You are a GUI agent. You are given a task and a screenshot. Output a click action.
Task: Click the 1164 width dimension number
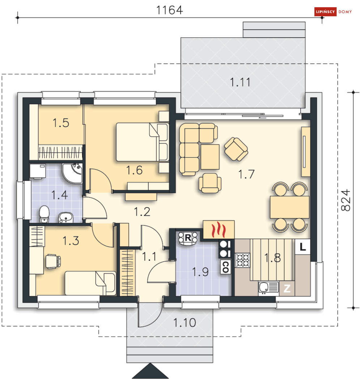click(169, 10)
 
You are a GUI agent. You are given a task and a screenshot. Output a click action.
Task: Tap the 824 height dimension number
click(346, 200)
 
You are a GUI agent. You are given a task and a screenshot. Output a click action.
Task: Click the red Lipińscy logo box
click(325, 12)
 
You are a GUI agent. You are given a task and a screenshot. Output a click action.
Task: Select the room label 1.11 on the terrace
click(240, 82)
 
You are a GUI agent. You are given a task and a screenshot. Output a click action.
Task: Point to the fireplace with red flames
click(219, 230)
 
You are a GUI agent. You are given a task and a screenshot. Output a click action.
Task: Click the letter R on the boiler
click(188, 238)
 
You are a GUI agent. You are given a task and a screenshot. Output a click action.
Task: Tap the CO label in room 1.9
click(225, 267)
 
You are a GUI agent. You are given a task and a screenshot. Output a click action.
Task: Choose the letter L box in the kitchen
click(303, 247)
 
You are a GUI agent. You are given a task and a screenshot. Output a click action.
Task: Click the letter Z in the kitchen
click(287, 289)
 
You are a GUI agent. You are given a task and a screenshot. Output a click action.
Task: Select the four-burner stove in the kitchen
click(242, 260)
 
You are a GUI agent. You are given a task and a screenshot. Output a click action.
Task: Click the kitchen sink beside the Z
click(268, 288)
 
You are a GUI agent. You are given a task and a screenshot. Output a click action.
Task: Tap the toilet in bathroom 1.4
click(44, 214)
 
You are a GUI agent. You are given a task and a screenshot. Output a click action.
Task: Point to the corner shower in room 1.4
click(72, 174)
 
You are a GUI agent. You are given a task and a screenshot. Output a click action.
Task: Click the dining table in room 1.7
click(289, 207)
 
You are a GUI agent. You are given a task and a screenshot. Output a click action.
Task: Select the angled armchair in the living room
click(236, 149)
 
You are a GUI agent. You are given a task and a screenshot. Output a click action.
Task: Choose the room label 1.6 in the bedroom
click(134, 170)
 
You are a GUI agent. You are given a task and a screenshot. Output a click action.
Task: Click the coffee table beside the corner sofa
click(210, 157)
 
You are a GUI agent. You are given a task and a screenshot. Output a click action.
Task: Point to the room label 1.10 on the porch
click(185, 323)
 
